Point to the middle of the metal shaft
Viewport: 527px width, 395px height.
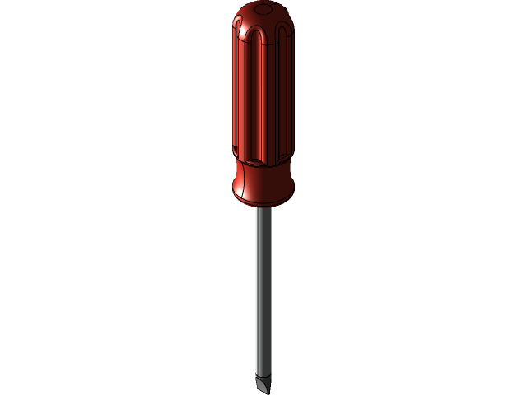[262, 288]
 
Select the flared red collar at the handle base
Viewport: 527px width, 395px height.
[263, 185]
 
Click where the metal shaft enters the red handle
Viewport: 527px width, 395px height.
[262, 207]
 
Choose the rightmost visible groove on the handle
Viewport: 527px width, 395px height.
[287, 91]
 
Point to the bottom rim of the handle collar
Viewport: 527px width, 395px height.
[263, 202]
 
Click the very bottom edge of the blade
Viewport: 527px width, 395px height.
[263, 391]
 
